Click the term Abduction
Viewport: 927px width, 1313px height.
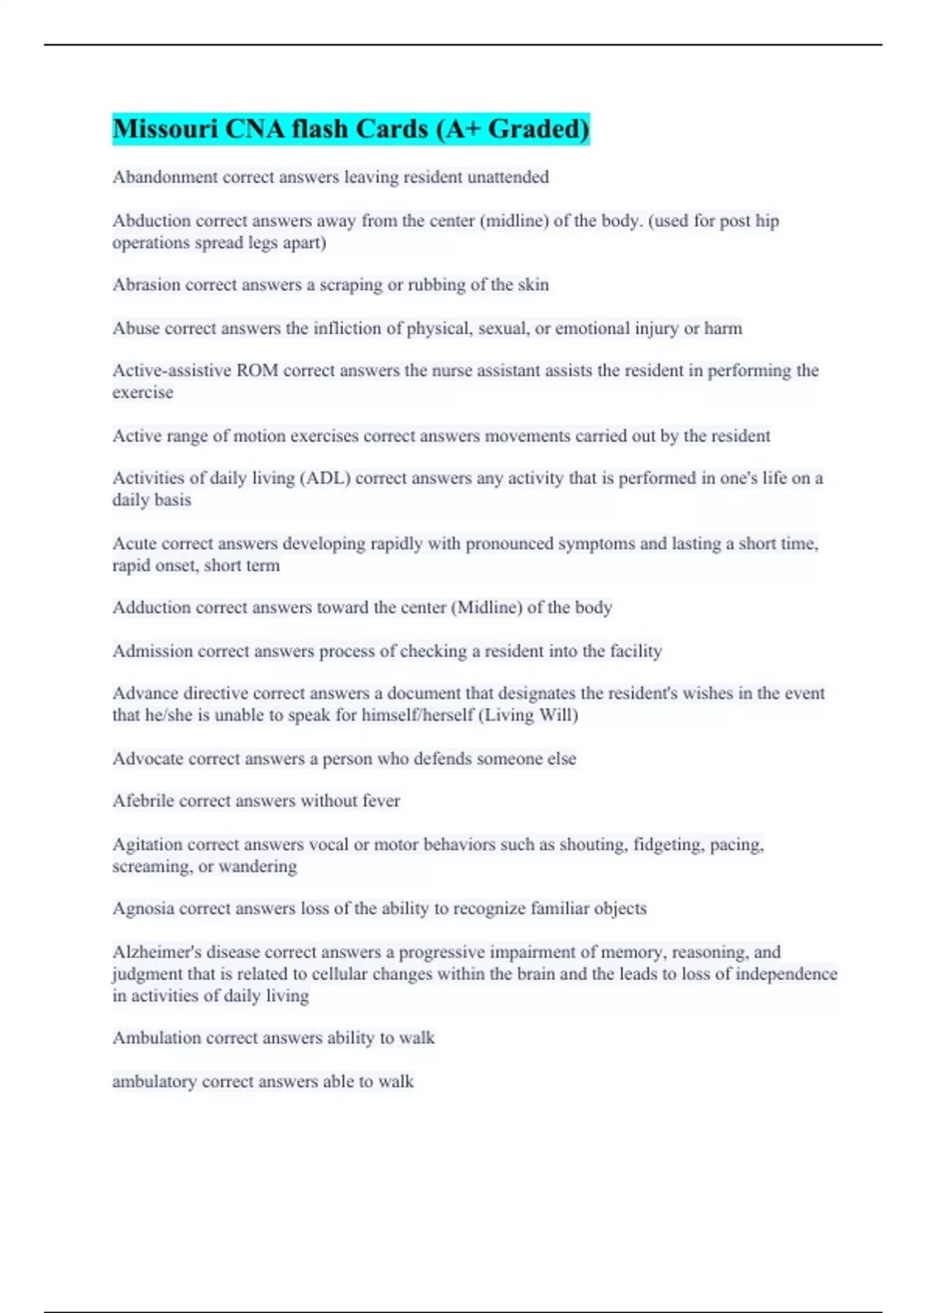coord(151,221)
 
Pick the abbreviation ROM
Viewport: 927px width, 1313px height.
coord(257,371)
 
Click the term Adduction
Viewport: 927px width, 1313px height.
coord(151,608)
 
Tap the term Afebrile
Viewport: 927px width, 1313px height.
coord(144,801)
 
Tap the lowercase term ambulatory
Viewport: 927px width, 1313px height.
coord(154,1081)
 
